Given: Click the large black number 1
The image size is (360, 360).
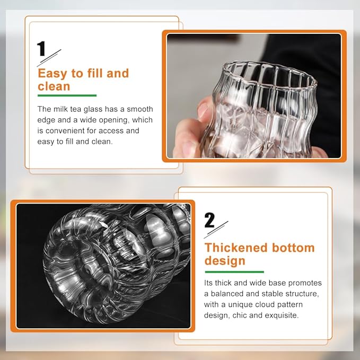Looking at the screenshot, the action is (x=41, y=48).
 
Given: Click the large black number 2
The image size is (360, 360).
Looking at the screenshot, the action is (x=209, y=220).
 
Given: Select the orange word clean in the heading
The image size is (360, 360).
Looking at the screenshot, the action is (x=54, y=86).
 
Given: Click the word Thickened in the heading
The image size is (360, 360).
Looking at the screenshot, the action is (x=236, y=248).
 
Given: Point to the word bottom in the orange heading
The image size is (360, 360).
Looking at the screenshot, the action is (x=293, y=248).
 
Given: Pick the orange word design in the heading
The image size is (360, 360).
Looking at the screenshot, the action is (x=225, y=261).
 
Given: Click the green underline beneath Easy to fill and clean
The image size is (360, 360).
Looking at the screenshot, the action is (x=67, y=95).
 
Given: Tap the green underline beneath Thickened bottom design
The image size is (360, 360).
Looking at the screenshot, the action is (x=234, y=272).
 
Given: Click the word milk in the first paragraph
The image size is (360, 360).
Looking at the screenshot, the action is (x=60, y=109).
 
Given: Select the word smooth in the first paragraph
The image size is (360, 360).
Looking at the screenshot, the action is (x=140, y=109).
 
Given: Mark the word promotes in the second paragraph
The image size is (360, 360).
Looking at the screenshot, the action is (x=305, y=283).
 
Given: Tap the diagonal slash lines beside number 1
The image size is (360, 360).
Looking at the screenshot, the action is (x=49, y=58).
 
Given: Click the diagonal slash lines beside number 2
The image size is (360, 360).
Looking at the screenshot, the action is (x=216, y=230).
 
